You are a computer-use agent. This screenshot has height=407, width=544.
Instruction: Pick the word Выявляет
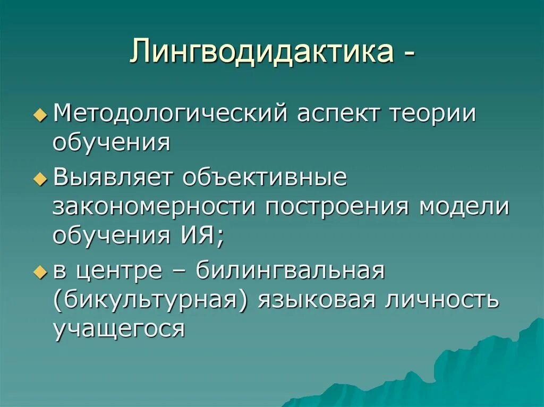click(114, 179)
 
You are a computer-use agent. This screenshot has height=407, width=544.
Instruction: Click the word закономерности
click(154, 206)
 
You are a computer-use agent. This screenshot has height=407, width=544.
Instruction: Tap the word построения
click(337, 206)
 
